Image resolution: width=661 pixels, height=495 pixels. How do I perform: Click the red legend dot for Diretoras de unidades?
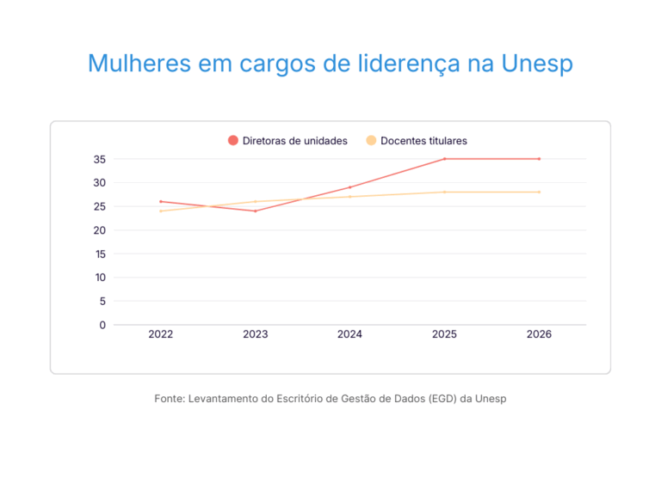click(x=232, y=140)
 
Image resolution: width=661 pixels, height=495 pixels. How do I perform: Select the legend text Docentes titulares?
click(x=423, y=141)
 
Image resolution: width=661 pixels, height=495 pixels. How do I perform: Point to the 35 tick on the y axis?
click(x=100, y=159)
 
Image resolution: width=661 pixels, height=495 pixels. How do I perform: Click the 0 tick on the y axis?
click(x=102, y=325)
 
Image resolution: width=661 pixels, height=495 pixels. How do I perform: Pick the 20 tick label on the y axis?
click(x=100, y=230)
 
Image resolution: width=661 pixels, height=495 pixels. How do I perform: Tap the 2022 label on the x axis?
click(x=161, y=334)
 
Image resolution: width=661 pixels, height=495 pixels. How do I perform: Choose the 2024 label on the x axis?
click(x=349, y=334)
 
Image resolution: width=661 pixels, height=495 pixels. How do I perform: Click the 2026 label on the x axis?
click(x=539, y=334)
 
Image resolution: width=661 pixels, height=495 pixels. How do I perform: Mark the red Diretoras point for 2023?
click(x=256, y=211)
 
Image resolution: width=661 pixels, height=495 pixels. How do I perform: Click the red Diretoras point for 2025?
click(x=444, y=159)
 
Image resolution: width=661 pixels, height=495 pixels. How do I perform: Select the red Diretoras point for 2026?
click(x=539, y=159)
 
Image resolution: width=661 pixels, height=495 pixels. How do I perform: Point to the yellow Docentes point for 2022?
click(x=161, y=211)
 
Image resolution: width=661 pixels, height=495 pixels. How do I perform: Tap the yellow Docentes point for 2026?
click(x=539, y=192)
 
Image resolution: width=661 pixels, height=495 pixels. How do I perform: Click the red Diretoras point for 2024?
click(x=349, y=187)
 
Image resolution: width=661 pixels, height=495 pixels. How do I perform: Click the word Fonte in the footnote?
click(x=169, y=399)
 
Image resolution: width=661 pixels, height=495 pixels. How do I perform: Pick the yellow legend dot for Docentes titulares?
click(x=371, y=140)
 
